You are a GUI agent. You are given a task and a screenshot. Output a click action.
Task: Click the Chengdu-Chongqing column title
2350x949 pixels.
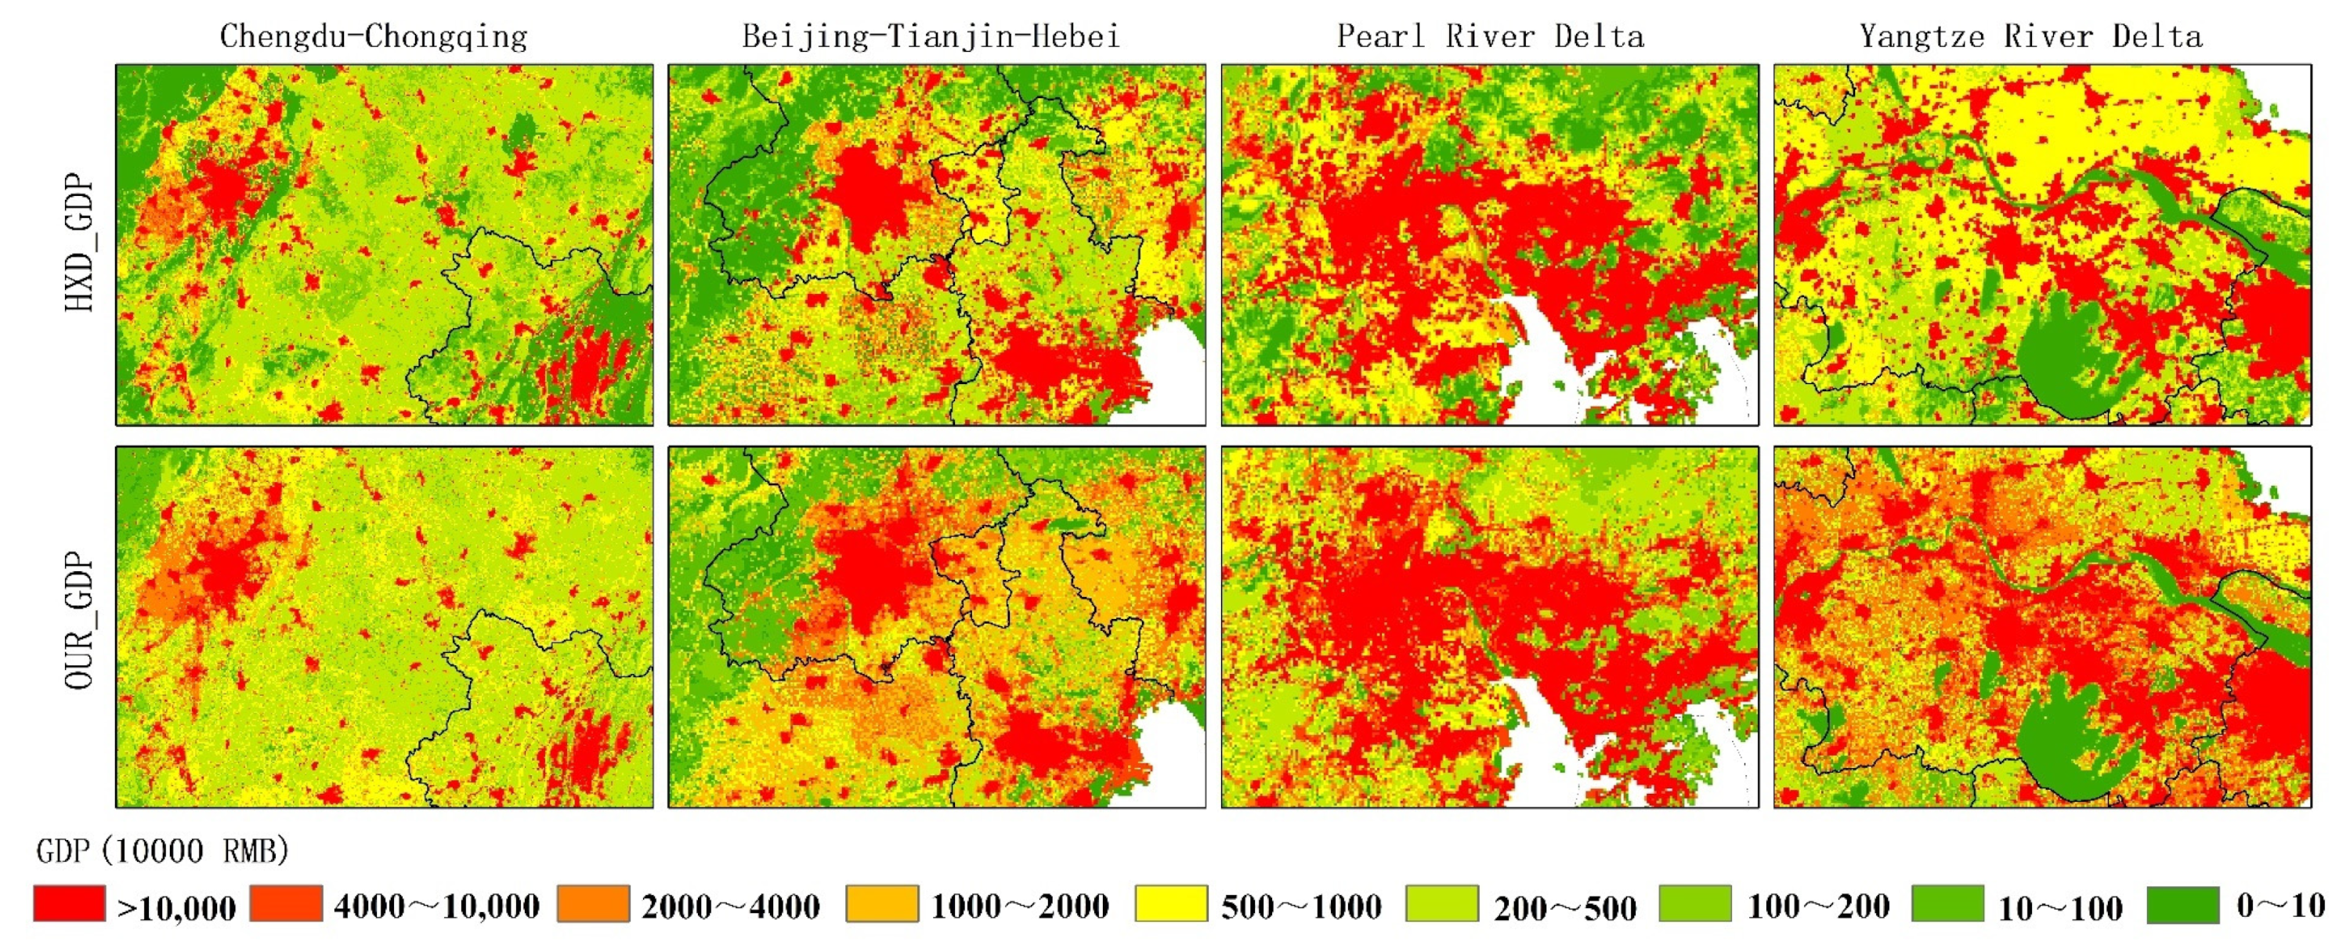tap(373, 37)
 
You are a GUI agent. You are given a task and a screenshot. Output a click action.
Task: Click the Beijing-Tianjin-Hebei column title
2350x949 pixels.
tap(931, 37)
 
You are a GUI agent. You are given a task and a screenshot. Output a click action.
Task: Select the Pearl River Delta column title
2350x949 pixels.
tap(1490, 37)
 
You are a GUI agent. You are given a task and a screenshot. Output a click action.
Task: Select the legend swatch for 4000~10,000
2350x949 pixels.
tap(286, 904)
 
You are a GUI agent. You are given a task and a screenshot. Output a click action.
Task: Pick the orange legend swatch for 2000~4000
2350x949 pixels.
tap(593, 904)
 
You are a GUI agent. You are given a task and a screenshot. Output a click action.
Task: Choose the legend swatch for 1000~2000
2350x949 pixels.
tap(881, 904)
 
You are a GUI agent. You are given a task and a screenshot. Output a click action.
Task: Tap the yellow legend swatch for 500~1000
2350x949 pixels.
tap(1171, 904)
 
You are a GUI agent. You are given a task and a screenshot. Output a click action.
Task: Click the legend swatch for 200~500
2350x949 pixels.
tap(1441, 904)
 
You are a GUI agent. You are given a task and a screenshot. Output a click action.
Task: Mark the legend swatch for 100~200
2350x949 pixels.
tap(1695, 904)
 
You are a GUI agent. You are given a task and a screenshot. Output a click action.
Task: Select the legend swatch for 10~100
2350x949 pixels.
tap(1947, 904)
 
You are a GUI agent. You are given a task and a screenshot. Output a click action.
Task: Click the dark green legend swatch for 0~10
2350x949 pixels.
tap(2183, 904)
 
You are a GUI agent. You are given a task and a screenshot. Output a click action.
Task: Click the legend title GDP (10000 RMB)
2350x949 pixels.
tap(162, 851)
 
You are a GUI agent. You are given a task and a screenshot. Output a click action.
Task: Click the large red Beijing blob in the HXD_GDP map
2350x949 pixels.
tap(866, 196)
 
